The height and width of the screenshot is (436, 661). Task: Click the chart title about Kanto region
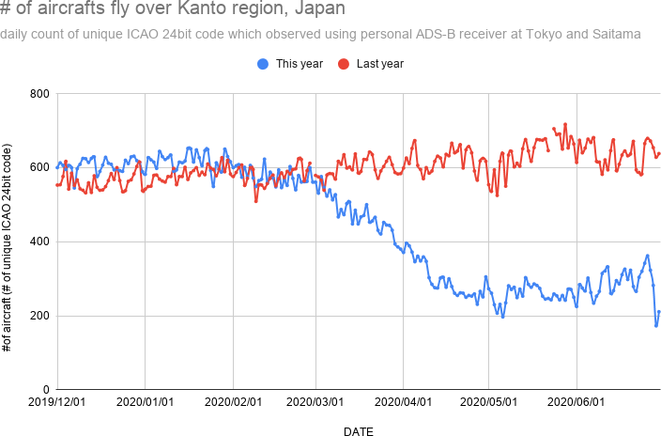coord(173,10)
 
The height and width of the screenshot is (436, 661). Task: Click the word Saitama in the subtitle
coord(616,35)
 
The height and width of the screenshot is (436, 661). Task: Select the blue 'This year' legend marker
coord(263,64)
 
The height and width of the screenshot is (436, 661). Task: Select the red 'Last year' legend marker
coord(344,64)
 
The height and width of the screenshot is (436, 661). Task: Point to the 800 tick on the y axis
coord(38,94)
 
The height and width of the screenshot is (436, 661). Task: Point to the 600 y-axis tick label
coord(38,168)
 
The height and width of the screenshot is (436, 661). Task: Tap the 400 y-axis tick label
coord(38,241)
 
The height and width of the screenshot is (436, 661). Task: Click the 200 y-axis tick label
coord(38,316)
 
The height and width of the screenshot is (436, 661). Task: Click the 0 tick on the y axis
coord(44,389)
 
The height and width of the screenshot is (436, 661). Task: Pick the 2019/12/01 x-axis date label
coord(57,402)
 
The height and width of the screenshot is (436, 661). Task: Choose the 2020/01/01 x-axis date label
coord(144,402)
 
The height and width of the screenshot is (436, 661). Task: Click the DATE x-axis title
coord(358,431)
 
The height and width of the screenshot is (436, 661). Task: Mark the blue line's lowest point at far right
coord(656,326)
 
